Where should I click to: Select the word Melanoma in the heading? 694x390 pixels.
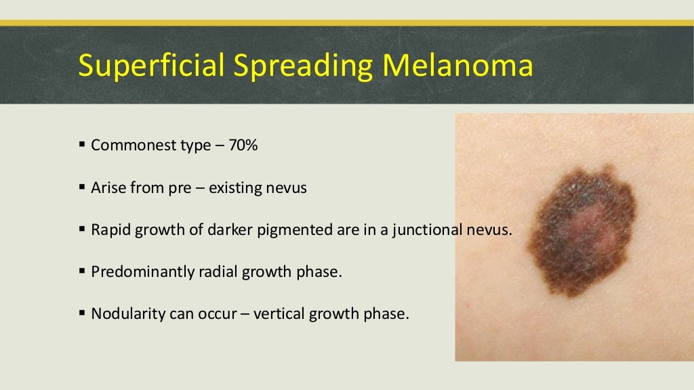[x=452, y=66]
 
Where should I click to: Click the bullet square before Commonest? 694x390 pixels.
[x=82, y=145]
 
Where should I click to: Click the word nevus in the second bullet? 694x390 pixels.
[x=290, y=188]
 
